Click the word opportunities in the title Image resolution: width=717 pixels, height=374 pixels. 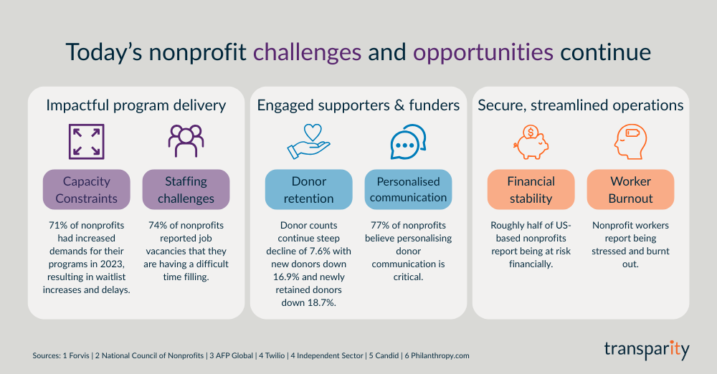click(483, 52)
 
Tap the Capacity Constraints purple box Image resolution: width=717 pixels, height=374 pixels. click(87, 189)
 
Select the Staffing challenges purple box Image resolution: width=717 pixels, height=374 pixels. click(186, 189)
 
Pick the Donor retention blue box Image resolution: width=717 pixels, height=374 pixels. click(309, 189)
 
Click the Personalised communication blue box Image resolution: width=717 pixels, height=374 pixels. click(408, 189)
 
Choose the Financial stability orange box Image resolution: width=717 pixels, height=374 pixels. click(531, 189)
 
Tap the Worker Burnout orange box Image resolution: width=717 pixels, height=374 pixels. click(630, 189)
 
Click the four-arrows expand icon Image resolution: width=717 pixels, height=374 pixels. click(87, 141)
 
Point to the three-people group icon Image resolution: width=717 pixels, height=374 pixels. click(186, 141)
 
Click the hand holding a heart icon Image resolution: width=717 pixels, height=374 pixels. click(308, 141)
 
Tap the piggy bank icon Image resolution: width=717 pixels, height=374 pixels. click(531, 141)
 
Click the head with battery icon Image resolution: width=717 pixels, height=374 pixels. click(630, 141)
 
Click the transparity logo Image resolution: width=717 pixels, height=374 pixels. click(645, 350)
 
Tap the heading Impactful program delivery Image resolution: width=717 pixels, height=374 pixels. click(136, 105)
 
